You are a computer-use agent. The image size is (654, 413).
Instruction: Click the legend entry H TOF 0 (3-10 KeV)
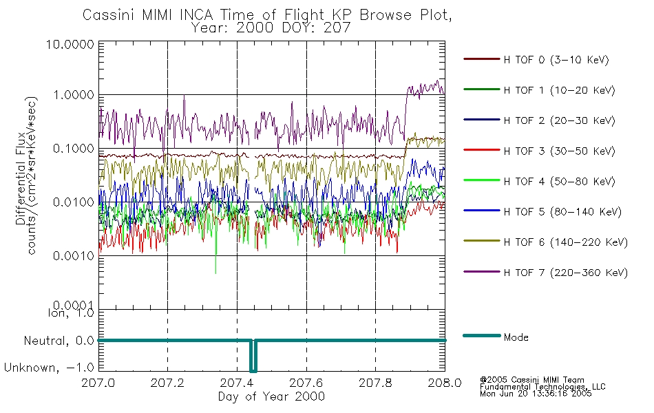pyautogui.click(x=556, y=60)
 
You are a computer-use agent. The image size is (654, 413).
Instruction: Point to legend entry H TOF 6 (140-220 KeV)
pyautogui.click(x=565, y=242)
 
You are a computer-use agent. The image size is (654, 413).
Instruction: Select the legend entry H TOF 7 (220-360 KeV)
pyautogui.click(x=565, y=273)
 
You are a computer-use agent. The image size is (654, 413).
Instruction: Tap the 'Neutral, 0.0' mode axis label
pyautogui.click(x=59, y=340)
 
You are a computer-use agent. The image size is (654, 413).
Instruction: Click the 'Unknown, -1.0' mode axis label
pyautogui.click(x=50, y=368)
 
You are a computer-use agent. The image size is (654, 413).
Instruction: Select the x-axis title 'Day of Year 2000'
pyautogui.click(x=271, y=396)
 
